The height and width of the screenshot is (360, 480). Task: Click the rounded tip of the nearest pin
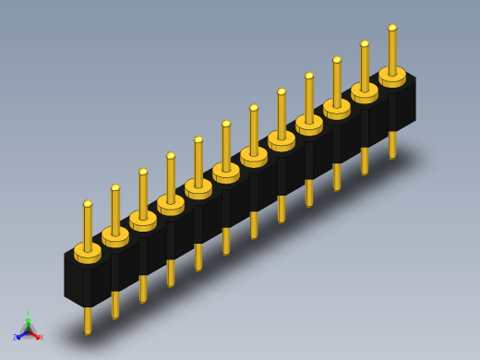pos(88,204)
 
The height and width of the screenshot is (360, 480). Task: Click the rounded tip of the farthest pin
pos(392,28)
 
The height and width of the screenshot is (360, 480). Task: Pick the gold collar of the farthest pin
pos(392,76)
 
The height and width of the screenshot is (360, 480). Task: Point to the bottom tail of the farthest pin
pos(392,145)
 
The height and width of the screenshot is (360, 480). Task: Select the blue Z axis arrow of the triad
pos(18,337)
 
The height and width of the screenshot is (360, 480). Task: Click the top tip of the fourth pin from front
pos(171,156)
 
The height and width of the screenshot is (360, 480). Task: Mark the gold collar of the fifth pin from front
pos(198,188)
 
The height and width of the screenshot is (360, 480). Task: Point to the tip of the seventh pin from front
pos(254,108)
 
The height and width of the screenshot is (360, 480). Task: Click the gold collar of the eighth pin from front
pos(282,140)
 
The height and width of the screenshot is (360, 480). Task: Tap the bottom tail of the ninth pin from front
pos(309,193)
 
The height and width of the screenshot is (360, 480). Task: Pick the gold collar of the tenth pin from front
pos(337,108)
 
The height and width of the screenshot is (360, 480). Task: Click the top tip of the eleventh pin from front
pos(365,43)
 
